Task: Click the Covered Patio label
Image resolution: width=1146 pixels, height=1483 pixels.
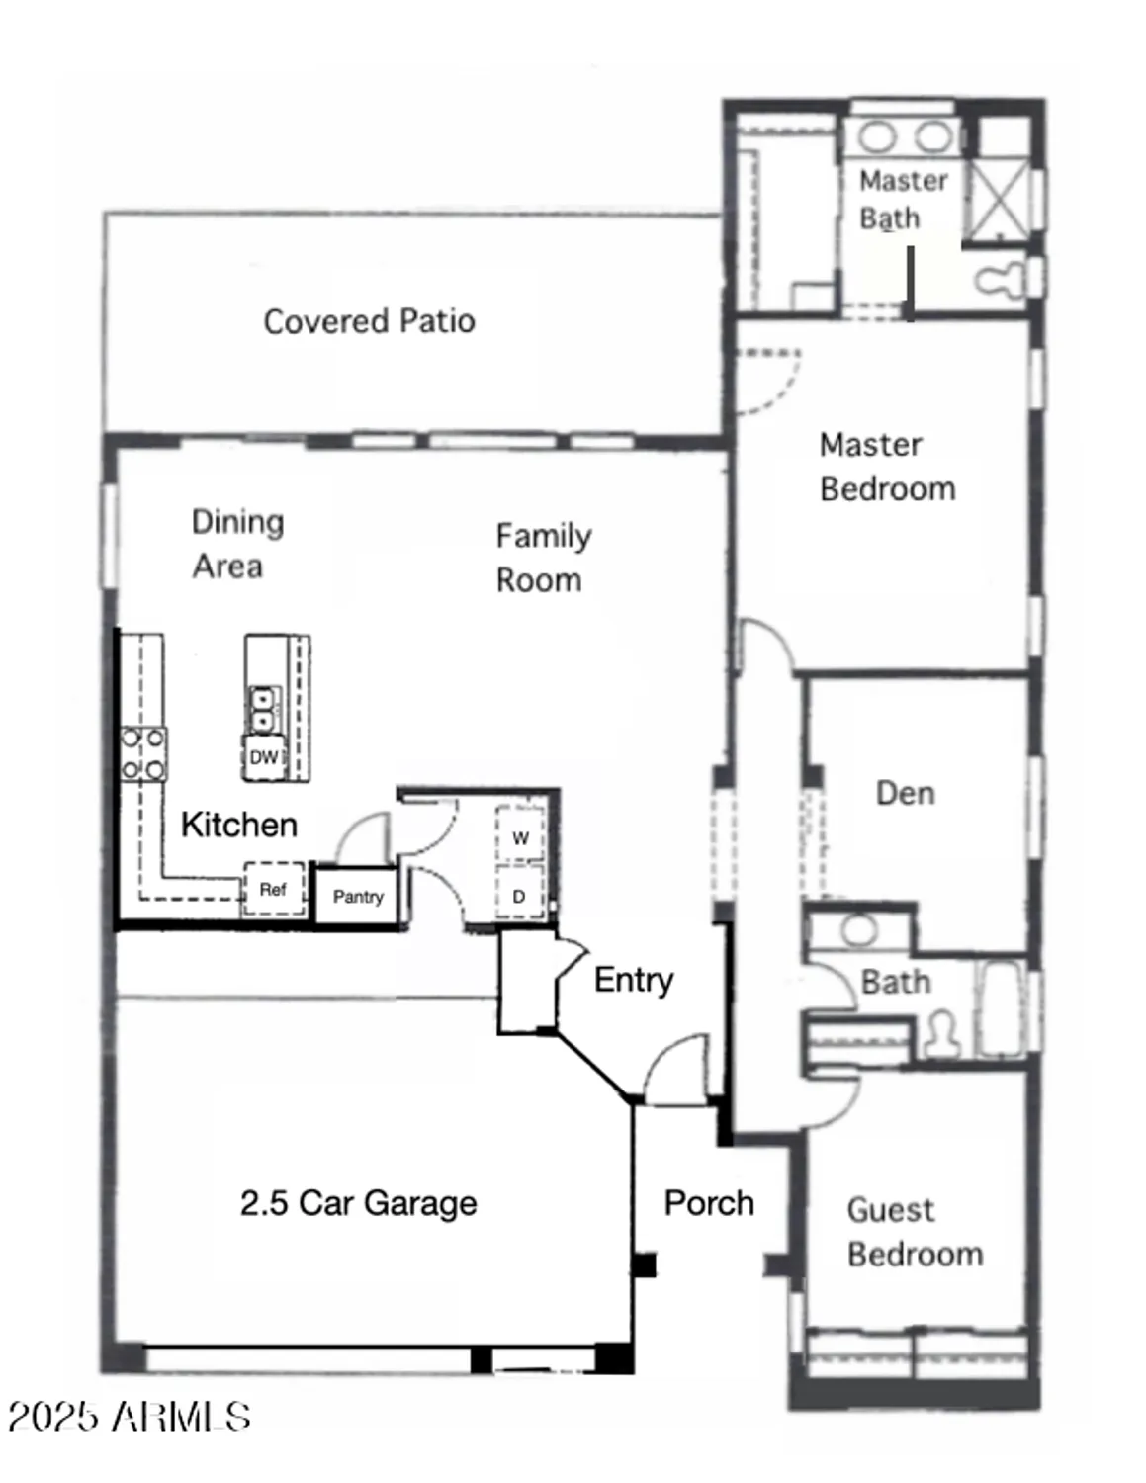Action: point(369,321)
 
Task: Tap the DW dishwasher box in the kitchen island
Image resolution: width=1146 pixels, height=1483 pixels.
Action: point(264,757)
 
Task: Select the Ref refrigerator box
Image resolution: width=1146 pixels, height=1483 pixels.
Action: point(273,889)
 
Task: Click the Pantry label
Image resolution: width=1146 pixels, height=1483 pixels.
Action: point(358,897)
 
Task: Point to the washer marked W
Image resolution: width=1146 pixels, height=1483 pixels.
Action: point(520,838)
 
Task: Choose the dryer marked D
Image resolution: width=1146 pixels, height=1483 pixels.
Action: point(519,896)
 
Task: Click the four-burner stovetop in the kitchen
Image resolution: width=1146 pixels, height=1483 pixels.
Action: point(143,754)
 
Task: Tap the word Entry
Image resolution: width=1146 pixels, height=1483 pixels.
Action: point(633,980)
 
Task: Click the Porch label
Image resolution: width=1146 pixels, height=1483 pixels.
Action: point(709,1203)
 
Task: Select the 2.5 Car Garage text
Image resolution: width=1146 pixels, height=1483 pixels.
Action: point(358,1203)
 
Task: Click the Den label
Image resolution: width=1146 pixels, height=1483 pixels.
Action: point(905,793)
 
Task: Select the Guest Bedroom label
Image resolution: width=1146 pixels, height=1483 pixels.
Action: point(914,1232)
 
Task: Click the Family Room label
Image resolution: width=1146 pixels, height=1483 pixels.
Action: point(542,558)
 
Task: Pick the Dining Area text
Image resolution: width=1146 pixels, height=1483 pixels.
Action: point(235,544)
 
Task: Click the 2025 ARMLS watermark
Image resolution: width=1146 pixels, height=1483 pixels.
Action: point(129,1417)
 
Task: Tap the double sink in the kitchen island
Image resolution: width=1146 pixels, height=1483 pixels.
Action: point(263,709)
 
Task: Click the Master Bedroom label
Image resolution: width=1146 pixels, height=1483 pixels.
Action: point(887,467)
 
